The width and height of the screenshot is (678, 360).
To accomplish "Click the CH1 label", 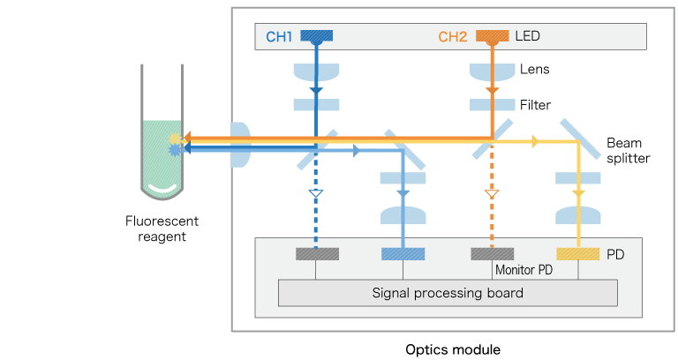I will click(x=278, y=37).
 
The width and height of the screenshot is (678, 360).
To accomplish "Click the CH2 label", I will click(x=454, y=37).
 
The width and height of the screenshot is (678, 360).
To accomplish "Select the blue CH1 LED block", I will click(x=316, y=36).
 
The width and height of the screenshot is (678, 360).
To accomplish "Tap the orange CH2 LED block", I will click(x=492, y=36).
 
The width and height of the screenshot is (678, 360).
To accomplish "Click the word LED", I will click(x=527, y=37).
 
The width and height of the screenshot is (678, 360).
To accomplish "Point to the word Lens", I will click(x=535, y=69).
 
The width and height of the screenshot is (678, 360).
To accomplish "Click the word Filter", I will click(x=535, y=105).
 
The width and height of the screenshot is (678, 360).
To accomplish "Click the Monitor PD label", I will click(x=524, y=270).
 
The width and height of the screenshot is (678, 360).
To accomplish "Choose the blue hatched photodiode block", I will click(x=403, y=254).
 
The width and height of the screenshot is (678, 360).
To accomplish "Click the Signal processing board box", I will click(x=448, y=293).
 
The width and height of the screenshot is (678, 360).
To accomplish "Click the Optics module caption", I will click(x=452, y=349).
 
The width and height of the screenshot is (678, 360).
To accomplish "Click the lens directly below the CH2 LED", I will click(x=492, y=71).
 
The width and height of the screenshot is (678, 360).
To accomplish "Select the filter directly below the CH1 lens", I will click(x=316, y=105).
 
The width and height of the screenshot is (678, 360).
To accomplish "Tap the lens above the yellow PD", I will click(x=579, y=215).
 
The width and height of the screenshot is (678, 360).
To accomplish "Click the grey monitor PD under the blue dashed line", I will click(x=316, y=254).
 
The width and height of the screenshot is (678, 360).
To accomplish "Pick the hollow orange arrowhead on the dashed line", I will click(x=492, y=192).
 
